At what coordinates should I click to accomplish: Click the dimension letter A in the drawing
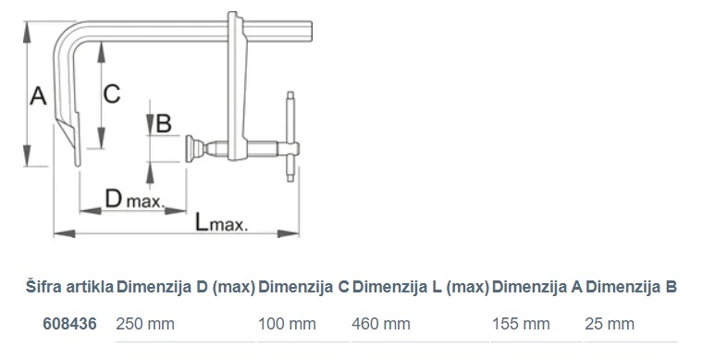coord(38,96)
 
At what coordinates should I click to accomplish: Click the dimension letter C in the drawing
coord(112,94)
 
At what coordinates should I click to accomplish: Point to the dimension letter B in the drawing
coord(164,123)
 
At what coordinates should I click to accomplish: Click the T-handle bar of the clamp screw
coord(290,137)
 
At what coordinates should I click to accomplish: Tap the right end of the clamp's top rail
coord(310,31)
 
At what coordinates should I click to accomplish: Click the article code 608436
coord(69,324)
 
